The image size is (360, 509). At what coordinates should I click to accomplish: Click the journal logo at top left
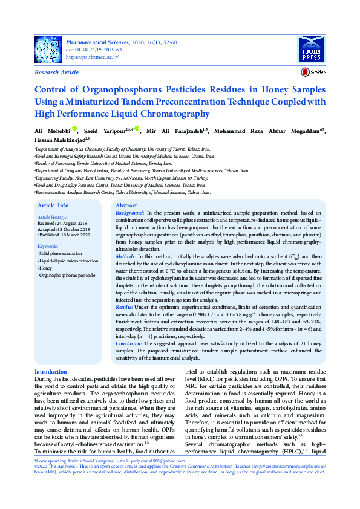pyautogui.click(x=48, y=48)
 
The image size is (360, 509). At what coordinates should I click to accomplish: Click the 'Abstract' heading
pyautogui.click(x=126, y=206)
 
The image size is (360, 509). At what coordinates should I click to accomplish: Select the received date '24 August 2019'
pyautogui.click(x=71, y=223)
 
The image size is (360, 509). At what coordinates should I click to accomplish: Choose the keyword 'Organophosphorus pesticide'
pyautogui.click(x=67, y=275)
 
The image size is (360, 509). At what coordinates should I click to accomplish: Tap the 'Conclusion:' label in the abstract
pyautogui.click(x=130, y=343)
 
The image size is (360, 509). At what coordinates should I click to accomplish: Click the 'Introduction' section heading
pyautogui.click(x=51, y=371)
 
